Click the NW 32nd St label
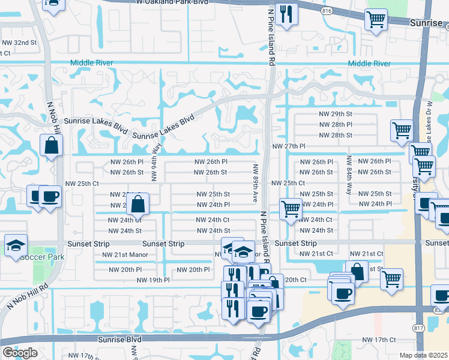tap(19, 43)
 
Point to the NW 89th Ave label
tap(255, 182)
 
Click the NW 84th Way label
tap(349, 175)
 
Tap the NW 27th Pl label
tap(289, 146)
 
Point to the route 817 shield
tap(418, 326)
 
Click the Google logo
tap(19, 353)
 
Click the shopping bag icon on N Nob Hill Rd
tap(52, 145)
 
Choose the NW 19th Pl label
tap(153, 280)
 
